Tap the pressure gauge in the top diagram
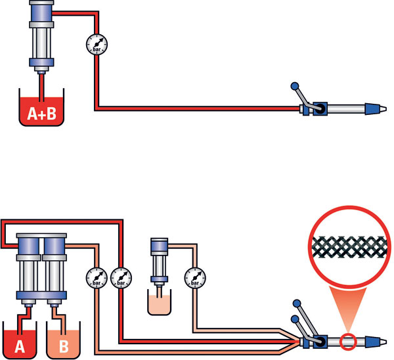98,45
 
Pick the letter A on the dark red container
20,344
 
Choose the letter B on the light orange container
63,344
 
